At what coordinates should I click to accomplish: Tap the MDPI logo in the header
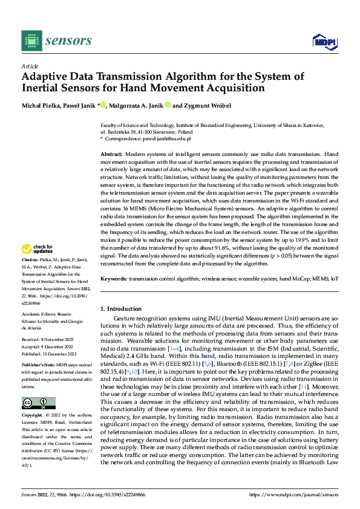click(x=325, y=41)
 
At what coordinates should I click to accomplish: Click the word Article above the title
click(x=30, y=66)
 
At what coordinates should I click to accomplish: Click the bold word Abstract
click(x=111, y=155)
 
